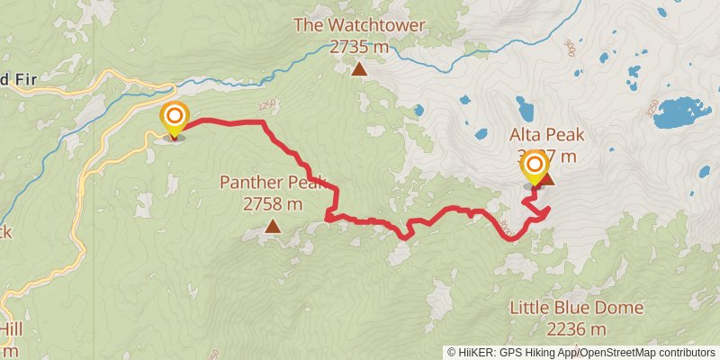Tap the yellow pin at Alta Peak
(535, 166)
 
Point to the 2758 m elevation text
(271, 204)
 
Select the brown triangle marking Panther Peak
(272, 228)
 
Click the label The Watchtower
(359, 25)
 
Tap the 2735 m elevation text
(359, 46)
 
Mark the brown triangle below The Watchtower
(359, 69)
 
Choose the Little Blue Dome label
(576, 308)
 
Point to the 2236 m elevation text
(577, 328)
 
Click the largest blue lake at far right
(681, 112)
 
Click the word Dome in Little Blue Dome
(620, 308)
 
